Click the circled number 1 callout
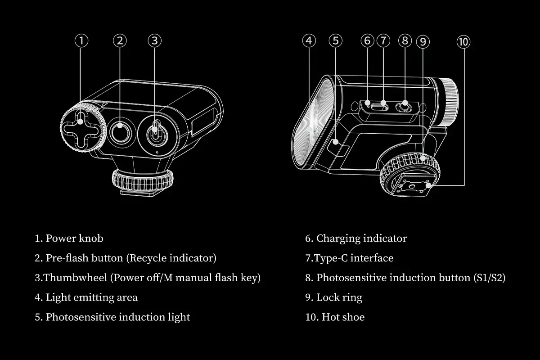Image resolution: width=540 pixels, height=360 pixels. [x=81, y=40]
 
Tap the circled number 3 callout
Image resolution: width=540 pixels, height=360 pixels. [x=154, y=40]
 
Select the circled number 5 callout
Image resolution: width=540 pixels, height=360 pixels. [x=335, y=40]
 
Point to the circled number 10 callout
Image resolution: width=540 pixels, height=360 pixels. [x=463, y=42]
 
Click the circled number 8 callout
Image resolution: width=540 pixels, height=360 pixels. [x=405, y=40]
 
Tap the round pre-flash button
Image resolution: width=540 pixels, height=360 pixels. [x=120, y=133]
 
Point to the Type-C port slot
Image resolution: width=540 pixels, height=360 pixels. [x=379, y=107]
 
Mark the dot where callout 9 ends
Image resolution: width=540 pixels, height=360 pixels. [x=423, y=158]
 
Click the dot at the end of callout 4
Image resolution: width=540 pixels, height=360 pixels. [x=309, y=129]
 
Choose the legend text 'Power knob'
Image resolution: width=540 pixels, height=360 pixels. [x=75, y=238]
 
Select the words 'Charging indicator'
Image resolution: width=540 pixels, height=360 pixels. [x=362, y=238]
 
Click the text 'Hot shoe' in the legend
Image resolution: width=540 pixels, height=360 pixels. [x=343, y=317]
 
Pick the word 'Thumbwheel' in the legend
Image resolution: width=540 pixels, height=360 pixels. [x=75, y=278]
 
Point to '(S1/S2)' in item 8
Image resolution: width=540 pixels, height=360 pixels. [x=490, y=278]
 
